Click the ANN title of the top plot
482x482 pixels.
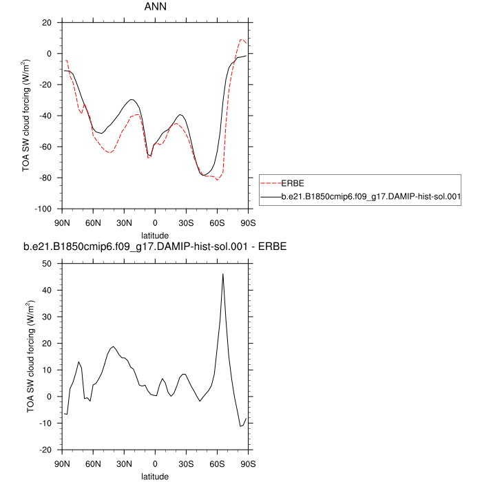[154, 8]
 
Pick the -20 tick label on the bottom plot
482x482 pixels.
[46, 450]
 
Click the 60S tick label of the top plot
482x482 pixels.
[217, 222]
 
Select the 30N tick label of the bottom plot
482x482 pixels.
[124, 463]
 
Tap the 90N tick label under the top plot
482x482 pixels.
[62, 222]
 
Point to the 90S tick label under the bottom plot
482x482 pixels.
[248, 463]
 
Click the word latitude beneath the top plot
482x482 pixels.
[154, 234]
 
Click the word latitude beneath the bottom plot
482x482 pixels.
[154, 475]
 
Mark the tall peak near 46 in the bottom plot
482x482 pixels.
[223, 274]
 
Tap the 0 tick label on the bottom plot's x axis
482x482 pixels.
[155, 463]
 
